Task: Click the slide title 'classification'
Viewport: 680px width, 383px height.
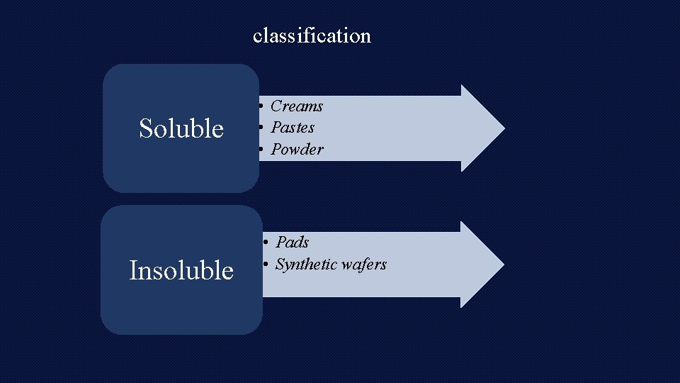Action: point(312,35)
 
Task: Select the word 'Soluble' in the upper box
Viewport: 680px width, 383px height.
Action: point(181,128)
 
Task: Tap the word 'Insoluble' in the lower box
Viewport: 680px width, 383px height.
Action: point(181,270)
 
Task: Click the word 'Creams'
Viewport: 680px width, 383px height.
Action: point(297,106)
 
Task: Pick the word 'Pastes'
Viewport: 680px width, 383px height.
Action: point(293,128)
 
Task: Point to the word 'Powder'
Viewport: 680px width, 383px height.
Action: point(297,150)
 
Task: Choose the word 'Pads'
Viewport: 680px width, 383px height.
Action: point(293,243)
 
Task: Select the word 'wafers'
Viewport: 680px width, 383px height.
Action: point(364,265)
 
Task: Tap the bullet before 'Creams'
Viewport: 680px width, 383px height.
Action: point(261,106)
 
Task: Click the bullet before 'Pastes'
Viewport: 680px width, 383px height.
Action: point(261,128)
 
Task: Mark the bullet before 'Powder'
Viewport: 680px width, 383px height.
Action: point(261,150)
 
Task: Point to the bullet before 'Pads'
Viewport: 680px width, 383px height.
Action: point(266,243)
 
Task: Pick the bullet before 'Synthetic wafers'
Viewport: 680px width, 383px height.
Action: point(266,265)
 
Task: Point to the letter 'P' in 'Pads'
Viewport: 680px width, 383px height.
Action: point(280,243)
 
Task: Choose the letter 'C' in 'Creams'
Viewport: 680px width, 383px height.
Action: point(276,106)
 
